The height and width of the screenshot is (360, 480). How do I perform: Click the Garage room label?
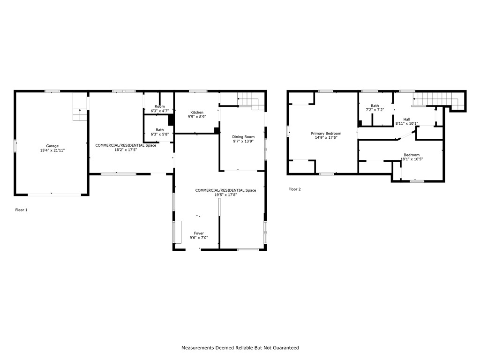[52, 146]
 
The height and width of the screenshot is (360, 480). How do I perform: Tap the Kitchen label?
[197, 112]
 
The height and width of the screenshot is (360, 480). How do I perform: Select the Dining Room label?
[243, 137]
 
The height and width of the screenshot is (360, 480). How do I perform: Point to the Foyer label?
[199, 233]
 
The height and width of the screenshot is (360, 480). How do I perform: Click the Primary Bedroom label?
[326, 134]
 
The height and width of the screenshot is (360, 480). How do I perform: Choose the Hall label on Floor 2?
[406, 120]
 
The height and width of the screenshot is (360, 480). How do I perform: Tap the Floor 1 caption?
[21, 210]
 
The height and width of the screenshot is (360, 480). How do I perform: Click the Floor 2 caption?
[294, 189]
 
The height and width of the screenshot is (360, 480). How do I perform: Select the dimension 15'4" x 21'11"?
[52, 150]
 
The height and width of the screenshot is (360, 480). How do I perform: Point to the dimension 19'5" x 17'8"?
[225, 195]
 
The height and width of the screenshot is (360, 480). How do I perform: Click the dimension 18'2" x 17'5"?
[126, 150]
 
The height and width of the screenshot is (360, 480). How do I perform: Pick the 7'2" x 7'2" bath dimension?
[375, 110]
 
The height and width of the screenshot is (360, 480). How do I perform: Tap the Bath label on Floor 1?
[159, 130]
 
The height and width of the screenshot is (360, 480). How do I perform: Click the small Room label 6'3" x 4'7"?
[159, 106]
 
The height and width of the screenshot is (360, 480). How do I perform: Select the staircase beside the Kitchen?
[251, 101]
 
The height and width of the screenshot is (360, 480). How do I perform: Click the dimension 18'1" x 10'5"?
[412, 159]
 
